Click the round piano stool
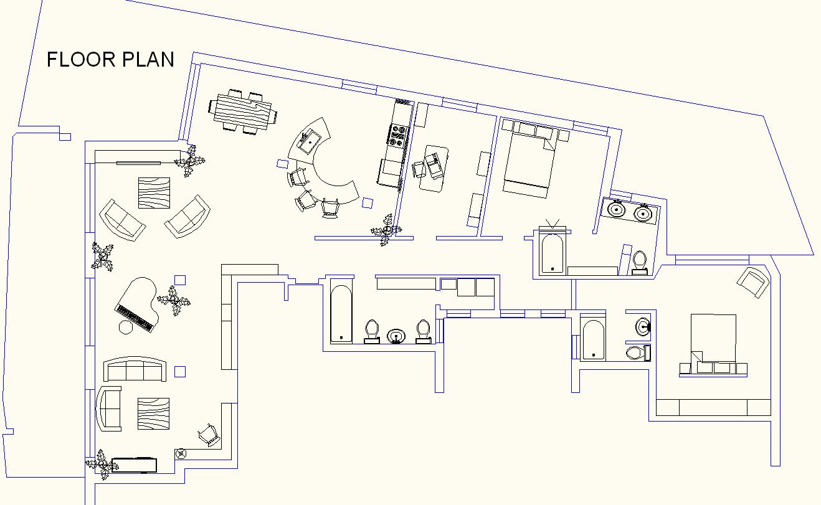pos(126,328)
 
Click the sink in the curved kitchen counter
pos(308,141)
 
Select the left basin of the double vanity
pos(617,210)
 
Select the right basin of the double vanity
pos(643,214)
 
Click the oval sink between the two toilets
pos(396,336)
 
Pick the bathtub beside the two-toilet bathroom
pos(341,314)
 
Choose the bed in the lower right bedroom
pos(713,342)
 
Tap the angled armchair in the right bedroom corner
pos(752,281)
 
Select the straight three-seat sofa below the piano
pos(136,370)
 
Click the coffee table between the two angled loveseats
pos(154,192)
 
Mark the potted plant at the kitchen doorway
pos(386,230)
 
